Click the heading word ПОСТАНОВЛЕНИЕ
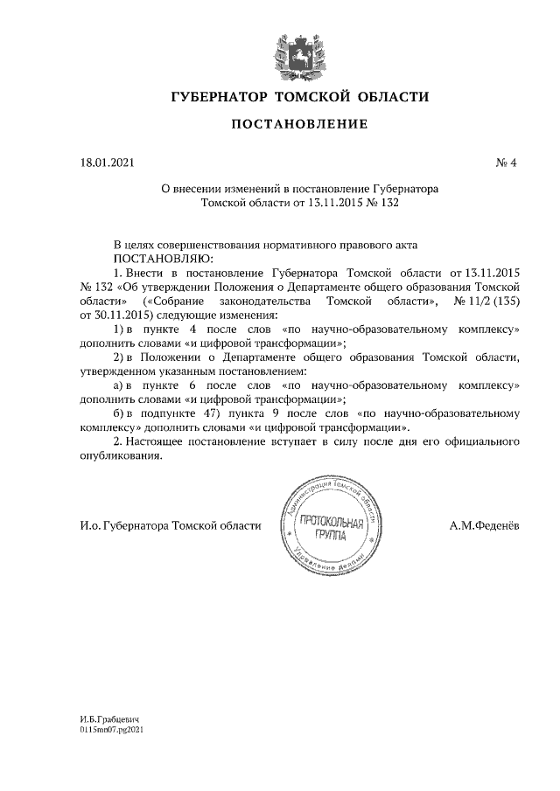pos(298,124)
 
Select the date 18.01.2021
pos(102,163)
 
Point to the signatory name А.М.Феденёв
pos(483,525)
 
